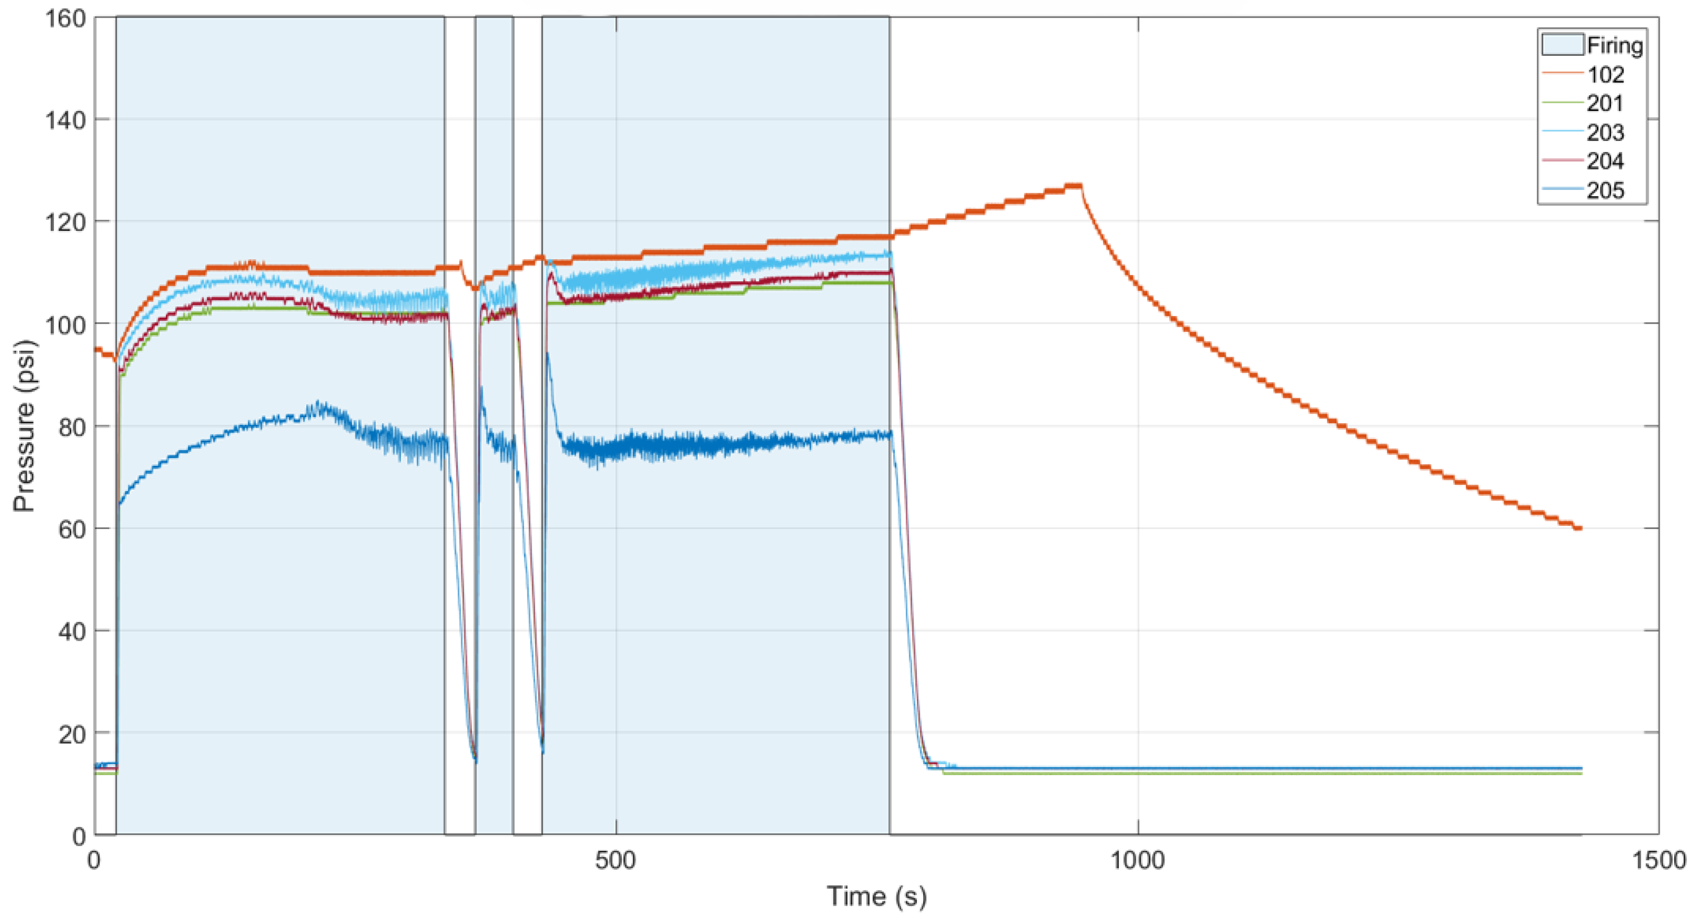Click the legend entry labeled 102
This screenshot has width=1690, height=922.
click(x=1605, y=75)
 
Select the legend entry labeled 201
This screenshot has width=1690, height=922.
click(x=1605, y=104)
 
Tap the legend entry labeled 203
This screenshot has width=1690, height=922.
click(x=1605, y=133)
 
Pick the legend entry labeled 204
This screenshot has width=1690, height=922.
click(x=1605, y=162)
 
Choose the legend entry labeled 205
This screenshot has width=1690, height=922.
click(x=1605, y=190)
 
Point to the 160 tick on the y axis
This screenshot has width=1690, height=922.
click(x=65, y=18)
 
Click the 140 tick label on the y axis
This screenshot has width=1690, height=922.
click(x=65, y=121)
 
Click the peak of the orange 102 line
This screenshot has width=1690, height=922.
click(x=1074, y=186)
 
